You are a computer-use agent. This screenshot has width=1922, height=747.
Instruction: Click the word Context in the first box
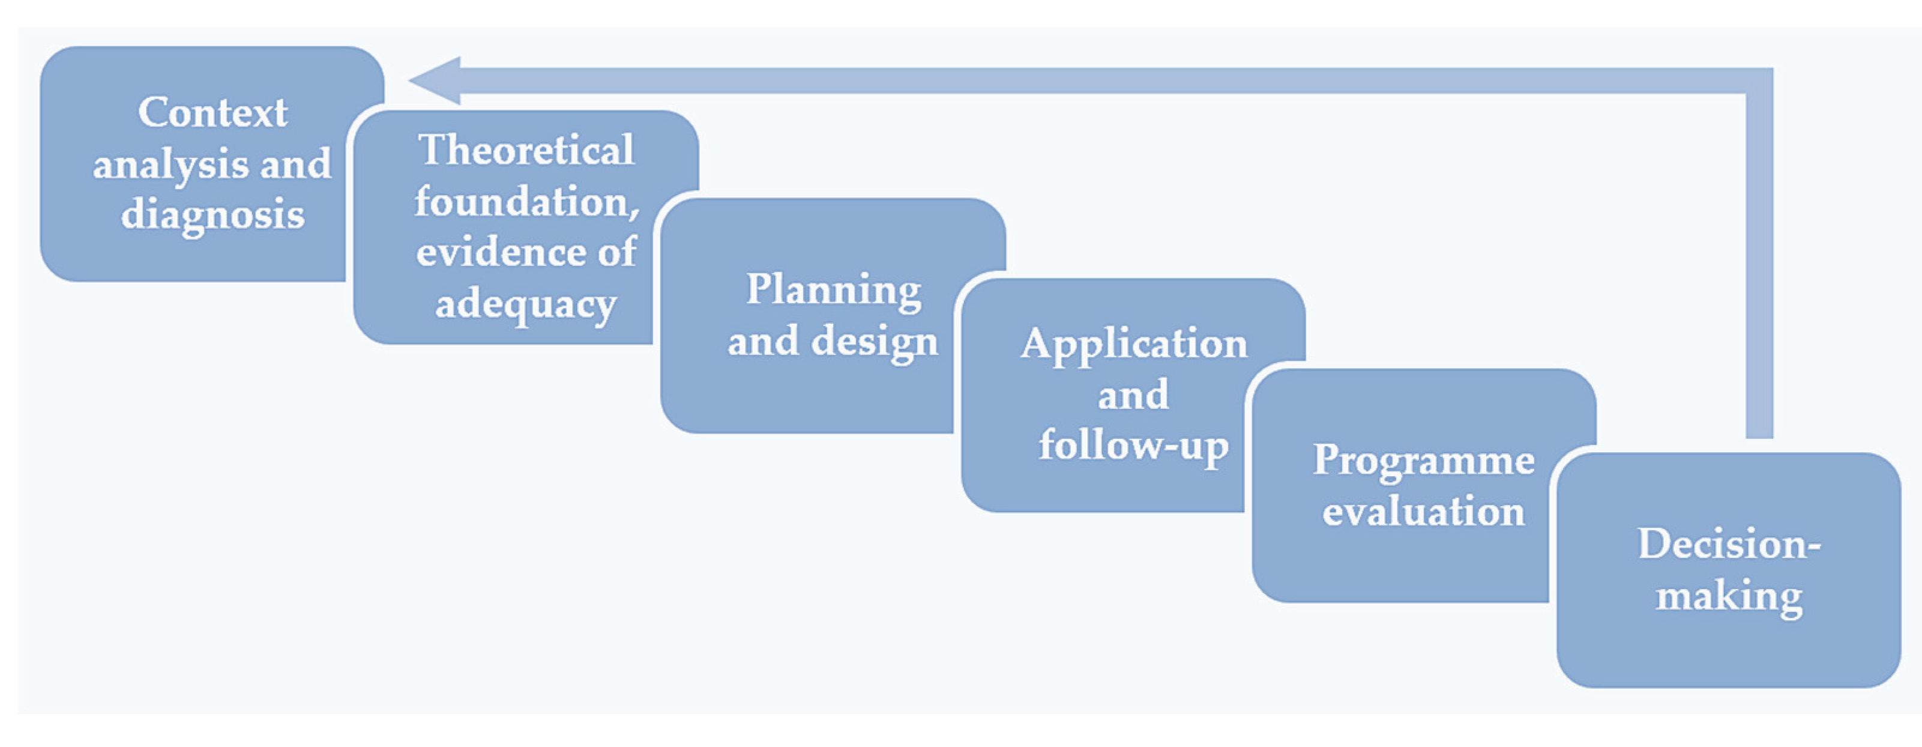point(212,113)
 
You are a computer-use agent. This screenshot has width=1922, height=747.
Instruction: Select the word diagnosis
point(212,215)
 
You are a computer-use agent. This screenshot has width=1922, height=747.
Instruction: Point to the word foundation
point(522,202)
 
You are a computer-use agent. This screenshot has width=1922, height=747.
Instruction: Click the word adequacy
point(526,304)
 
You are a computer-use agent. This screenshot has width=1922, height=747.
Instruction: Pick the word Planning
point(833,290)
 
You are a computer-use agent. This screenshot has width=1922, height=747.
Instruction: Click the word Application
point(1133,344)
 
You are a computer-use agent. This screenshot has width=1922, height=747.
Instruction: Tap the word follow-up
point(1133,446)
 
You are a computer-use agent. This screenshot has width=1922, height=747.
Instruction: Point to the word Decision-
point(1729,544)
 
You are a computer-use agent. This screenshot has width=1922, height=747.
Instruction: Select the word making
point(1729,596)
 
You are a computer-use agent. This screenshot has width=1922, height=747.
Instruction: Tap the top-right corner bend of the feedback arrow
point(1759,80)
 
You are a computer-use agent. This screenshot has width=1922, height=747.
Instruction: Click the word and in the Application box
point(1133,395)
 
